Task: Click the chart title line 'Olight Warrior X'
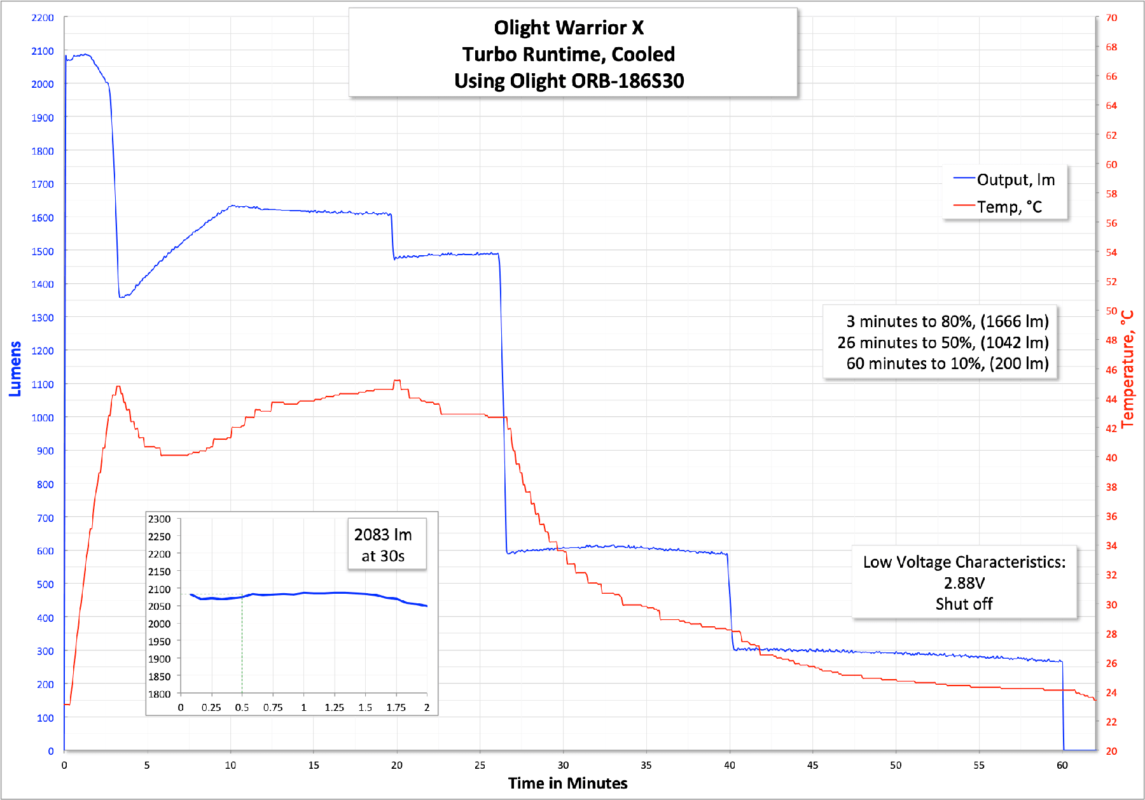pyautogui.click(x=569, y=28)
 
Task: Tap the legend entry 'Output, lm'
pyautogui.click(x=1015, y=180)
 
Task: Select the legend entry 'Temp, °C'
pyautogui.click(x=1009, y=207)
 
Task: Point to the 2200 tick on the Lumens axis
pyautogui.click(x=43, y=18)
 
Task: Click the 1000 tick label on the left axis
pyautogui.click(x=43, y=418)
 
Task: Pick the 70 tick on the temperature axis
pyautogui.click(x=1111, y=18)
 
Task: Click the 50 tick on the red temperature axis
pyautogui.click(x=1111, y=311)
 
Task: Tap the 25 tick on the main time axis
pyautogui.click(x=480, y=765)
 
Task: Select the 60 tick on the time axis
pyautogui.click(x=1062, y=765)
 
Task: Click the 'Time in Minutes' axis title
pyautogui.click(x=567, y=783)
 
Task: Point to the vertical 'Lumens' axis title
pyautogui.click(x=15, y=369)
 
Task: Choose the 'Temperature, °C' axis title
pyautogui.click(x=1127, y=369)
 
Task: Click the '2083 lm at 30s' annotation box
pyautogui.click(x=383, y=545)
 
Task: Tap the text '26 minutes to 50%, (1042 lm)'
pyautogui.click(x=943, y=342)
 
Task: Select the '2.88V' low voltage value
pyautogui.click(x=964, y=583)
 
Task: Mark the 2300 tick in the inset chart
pyautogui.click(x=159, y=519)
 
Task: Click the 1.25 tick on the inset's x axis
pyautogui.click(x=334, y=708)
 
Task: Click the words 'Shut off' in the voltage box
pyautogui.click(x=964, y=604)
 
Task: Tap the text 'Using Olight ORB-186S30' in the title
pyautogui.click(x=569, y=81)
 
